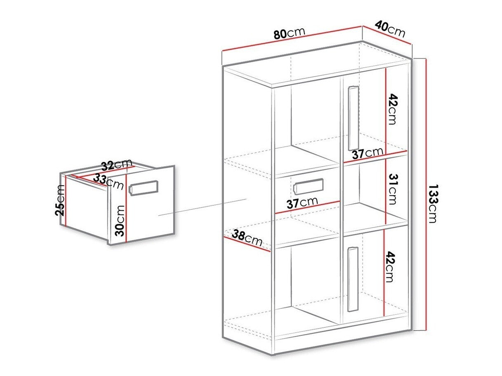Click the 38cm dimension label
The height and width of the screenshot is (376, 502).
247,239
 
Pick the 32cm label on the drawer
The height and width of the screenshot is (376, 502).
117,165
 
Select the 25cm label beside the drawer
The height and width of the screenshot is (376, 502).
60,200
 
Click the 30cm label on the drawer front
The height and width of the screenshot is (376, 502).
120,220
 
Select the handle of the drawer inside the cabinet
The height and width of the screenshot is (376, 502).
308,186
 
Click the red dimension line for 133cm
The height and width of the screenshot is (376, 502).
424,194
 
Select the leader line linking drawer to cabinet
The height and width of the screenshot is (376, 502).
202,207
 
